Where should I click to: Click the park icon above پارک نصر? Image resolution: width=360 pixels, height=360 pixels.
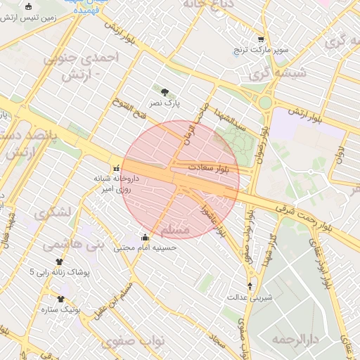(165, 92)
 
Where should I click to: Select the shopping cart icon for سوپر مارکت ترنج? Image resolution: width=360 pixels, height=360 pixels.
(261, 39)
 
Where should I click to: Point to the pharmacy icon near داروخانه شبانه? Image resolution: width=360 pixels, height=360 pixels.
(117, 168)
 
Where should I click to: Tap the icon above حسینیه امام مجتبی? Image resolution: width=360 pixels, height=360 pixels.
(145, 237)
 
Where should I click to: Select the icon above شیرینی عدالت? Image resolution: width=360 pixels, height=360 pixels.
(251, 285)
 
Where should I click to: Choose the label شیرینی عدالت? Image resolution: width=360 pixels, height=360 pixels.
(249, 297)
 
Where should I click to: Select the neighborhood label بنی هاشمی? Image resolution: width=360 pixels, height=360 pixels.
(73, 244)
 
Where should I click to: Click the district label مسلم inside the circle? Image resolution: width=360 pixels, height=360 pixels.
(175, 230)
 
